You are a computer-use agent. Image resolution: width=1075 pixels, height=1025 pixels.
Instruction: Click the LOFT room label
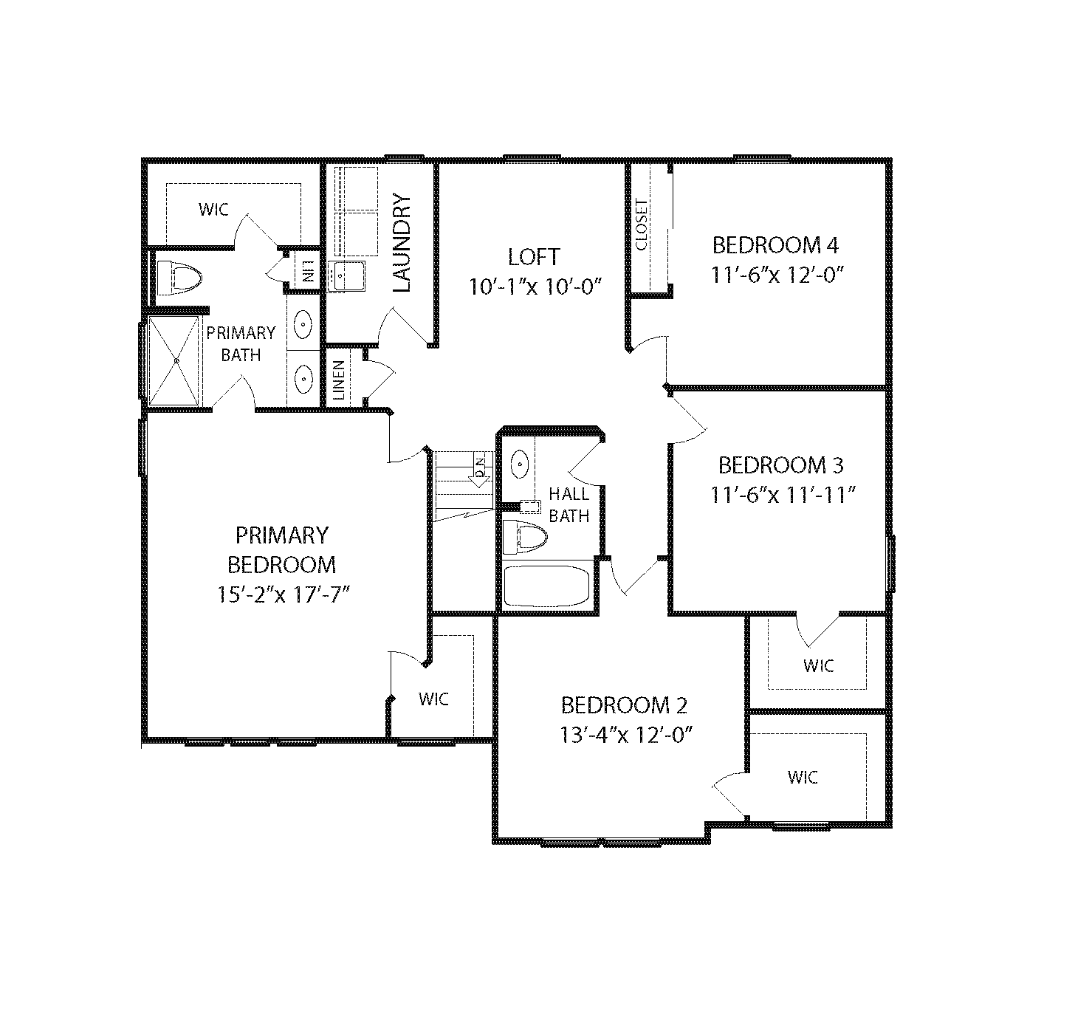[534, 257]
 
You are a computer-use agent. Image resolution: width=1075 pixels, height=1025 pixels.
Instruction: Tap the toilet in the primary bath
[179, 278]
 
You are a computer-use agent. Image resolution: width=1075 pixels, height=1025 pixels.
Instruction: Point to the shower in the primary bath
[174, 361]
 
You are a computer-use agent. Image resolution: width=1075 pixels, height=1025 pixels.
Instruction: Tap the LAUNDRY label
[402, 243]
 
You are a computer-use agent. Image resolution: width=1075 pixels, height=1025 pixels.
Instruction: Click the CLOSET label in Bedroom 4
[642, 224]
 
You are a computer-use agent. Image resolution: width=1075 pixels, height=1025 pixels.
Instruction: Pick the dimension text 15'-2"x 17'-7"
[284, 594]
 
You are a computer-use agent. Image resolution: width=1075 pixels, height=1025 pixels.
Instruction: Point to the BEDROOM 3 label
[781, 465]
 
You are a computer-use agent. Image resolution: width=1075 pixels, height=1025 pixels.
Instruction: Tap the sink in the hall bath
[519, 464]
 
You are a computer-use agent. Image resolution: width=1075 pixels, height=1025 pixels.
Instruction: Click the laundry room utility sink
[347, 276]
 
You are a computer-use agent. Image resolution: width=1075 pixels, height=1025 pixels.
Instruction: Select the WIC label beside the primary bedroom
[433, 699]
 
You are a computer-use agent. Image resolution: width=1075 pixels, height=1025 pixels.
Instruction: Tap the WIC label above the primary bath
[213, 210]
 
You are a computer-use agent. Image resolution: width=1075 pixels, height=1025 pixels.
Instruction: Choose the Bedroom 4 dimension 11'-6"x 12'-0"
[777, 275]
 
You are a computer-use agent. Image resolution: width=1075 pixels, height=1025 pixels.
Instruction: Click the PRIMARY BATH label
[241, 344]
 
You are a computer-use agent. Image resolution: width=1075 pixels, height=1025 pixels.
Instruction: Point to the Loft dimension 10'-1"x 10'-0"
[535, 287]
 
